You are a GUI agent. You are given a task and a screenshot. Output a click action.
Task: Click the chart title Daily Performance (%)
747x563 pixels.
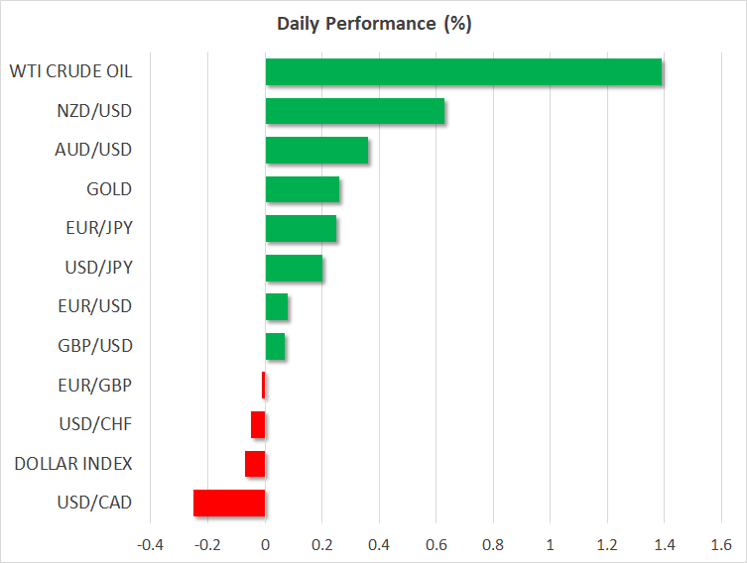[372, 24]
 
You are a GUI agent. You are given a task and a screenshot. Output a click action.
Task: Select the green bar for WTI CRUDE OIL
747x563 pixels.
[463, 72]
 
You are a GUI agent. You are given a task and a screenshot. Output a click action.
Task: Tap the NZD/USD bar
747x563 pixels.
[354, 111]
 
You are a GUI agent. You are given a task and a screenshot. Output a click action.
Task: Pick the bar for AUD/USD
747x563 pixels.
[316, 151]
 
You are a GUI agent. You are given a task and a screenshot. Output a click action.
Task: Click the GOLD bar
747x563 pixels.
[302, 189]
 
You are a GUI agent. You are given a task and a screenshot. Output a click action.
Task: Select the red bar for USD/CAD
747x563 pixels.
[229, 504]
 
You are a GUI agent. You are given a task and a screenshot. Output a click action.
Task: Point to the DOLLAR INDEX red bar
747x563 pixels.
[255, 464]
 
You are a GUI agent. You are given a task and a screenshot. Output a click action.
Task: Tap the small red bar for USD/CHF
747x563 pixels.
[258, 425]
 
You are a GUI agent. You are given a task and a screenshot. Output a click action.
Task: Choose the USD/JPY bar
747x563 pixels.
[294, 268]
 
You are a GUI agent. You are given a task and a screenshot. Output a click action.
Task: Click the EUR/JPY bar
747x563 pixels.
[301, 229]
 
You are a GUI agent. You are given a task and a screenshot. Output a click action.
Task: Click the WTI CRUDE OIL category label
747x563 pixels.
[70, 71]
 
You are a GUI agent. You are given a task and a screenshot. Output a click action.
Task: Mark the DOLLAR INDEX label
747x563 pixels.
[73, 464]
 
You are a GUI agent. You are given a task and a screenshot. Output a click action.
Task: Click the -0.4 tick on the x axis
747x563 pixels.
[150, 545]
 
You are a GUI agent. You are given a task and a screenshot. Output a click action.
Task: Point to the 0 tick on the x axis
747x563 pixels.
[265, 545]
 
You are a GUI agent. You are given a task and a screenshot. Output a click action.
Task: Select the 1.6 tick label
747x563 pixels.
[720, 545]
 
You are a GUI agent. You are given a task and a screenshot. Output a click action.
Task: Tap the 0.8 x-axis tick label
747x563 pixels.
[492, 545]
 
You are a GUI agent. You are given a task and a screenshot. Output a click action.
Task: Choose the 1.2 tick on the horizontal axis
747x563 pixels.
[606, 545]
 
